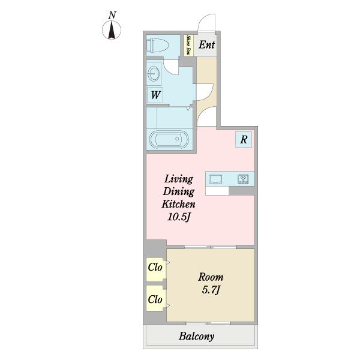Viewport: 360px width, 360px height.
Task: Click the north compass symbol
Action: pyautogui.click(x=112, y=30)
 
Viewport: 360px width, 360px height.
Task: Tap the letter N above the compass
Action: pyautogui.click(x=112, y=15)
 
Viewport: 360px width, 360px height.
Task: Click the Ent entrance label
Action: pyautogui.click(x=207, y=45)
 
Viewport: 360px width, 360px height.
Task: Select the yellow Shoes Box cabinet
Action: pyautogui.click(x=188, y=45)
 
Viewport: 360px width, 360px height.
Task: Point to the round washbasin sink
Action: pyautogui.click(x=154, y=73)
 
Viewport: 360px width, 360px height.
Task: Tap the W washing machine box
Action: pyautogui.click(x=155, y=95)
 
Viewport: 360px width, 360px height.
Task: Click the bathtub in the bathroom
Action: pyautogui.click(x=169, y=139)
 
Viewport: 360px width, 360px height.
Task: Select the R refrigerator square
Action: pyautogui.click(x=244, y=139)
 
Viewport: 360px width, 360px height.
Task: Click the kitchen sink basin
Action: pyautogui.click(x=215, y=179)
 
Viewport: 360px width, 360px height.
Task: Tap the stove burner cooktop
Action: pyautogui.click(x=244, y=179)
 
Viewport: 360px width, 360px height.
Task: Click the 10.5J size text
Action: pyautogui.click(x=179, y=217)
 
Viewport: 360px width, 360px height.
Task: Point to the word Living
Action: pyautogui.click(x=179, y=179)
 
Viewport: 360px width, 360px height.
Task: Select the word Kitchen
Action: pyautogui.click(x=178, y=204)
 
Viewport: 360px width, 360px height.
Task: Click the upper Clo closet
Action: pyautogui.click(x=155, y=269)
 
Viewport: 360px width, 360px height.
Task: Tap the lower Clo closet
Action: pyautogui.click(x=155, y=298)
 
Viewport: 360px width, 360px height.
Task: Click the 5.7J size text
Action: pyautogui.click(x=211, y=290)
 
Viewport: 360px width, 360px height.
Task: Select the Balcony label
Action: pyautogui.click(x=197, y=336)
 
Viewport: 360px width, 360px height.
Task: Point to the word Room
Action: pyautogui.click(x=211, y=277)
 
